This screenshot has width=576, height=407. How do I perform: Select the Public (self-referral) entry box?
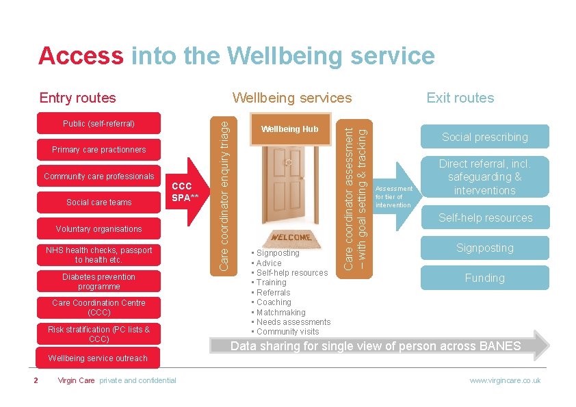click(99, 124)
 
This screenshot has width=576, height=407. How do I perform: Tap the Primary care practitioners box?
click(99, 150)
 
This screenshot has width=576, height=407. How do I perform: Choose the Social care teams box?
click(99, 202)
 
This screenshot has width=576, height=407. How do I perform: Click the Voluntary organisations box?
click(99, 229)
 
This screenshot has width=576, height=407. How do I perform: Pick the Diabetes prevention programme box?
click(99, 282)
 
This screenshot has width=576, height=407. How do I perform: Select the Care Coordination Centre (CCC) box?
click(99, 308)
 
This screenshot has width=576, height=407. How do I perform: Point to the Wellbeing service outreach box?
click(99, 358)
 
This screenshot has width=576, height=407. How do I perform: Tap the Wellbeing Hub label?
click(290, 129)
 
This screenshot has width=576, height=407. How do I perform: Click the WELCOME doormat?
click(291, 239)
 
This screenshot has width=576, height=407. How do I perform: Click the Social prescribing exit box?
click(485, 137)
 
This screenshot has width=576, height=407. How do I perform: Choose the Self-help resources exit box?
click(485, 218)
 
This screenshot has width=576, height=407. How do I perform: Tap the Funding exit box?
click(485, 278)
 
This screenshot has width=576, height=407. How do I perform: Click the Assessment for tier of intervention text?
click(394, 197)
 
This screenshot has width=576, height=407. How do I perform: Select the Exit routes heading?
click(460, 98)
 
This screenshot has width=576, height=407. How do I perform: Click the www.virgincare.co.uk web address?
click(505, 380)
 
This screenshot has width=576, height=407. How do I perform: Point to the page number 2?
click(36, 380)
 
